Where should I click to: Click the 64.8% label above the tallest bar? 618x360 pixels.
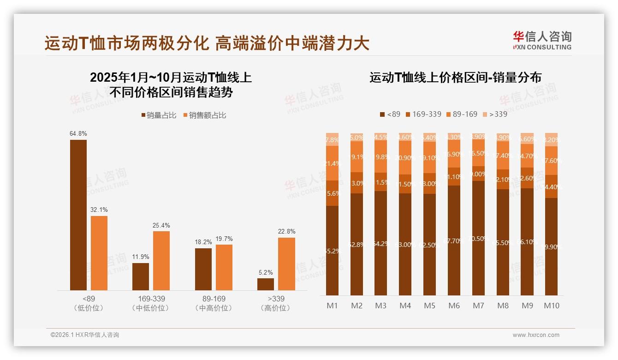tap(78, 134)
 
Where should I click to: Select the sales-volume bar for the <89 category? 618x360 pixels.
tap(78, 215)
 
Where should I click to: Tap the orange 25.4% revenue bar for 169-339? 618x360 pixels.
tap(161, 260)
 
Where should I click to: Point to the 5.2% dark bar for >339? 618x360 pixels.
tap(266, 284)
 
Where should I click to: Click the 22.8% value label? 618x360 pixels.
tap(286, 232)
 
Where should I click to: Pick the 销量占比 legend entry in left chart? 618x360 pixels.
tap(159, 115)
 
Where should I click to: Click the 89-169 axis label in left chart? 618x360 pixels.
tap(214, 299)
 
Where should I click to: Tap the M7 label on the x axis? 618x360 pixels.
tap(478, 306)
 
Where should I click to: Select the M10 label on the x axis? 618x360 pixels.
tap(551, 306)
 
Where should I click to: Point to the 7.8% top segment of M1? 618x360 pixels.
tap(333, 139)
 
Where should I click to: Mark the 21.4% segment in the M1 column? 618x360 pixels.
tap(333, 163)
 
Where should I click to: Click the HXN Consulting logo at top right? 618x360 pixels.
tap(542, 40)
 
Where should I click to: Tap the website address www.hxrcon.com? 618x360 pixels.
tap(536, 335)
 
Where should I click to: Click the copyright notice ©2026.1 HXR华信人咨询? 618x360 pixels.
tap(85, 335)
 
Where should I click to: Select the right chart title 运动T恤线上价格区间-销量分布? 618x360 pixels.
tap(455, 78)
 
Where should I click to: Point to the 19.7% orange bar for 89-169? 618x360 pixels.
tap(224, 267)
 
